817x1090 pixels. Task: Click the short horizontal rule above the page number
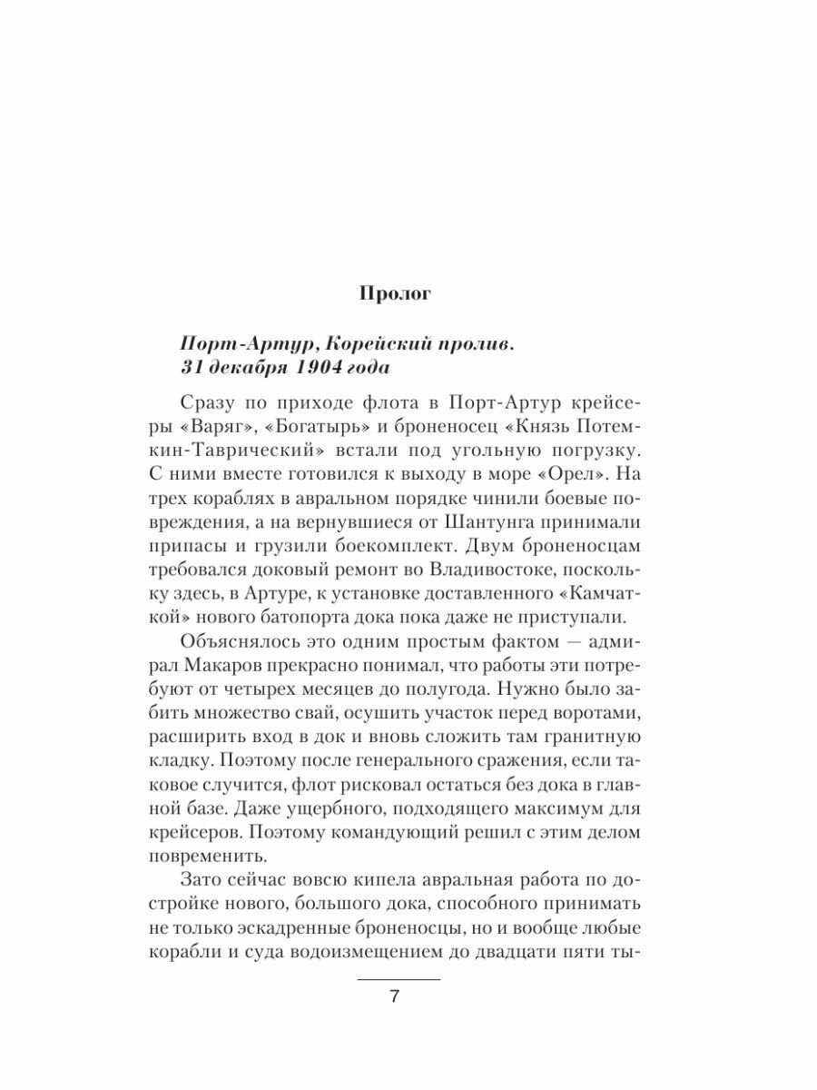click(399, 979)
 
